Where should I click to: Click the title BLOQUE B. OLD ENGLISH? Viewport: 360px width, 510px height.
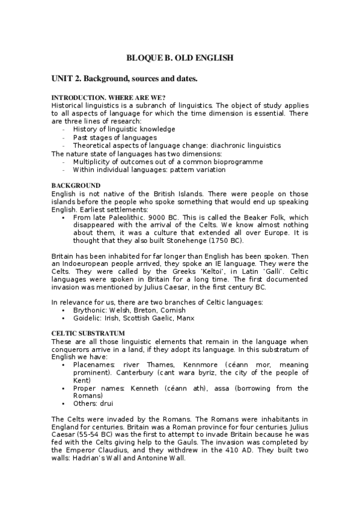click(179, 58)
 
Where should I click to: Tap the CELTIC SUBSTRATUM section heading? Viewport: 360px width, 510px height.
click(88, 333)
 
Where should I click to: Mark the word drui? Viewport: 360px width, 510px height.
click(106, 404)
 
